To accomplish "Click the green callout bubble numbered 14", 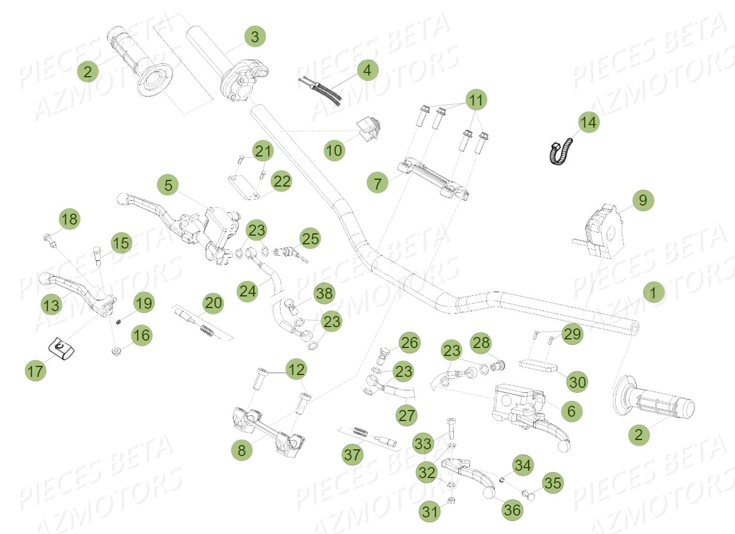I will point(588,123).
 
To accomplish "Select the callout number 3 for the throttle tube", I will point(255,37).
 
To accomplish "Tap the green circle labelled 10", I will point(335,150).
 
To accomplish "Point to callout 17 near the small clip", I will point(36,371).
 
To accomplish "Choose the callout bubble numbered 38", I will point(324,294).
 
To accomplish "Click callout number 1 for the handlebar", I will point(653,293).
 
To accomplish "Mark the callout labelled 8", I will point(241,451).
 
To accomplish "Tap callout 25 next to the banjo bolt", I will point(311,239).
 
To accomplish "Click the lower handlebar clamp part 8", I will point(268,430).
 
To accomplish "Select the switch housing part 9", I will point(602,230).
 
